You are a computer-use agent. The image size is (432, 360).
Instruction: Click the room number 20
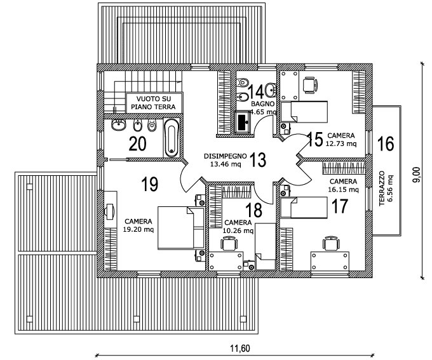pos(137,143)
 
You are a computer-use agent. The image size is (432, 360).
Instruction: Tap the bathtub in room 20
pos(172,138)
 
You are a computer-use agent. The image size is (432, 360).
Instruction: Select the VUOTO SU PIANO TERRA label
pos(154,103)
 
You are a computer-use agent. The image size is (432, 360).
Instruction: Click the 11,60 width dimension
pos(240,349)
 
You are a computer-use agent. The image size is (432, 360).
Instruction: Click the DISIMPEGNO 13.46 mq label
pos(226,160)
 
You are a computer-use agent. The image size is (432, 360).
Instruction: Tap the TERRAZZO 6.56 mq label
pos(386,189)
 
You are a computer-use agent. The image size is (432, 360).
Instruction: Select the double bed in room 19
pos(181,229)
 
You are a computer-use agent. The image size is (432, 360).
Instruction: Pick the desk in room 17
pos(330,261)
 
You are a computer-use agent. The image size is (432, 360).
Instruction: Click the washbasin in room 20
pos(119,125)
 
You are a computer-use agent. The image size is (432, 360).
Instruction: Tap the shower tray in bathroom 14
pos(243,123)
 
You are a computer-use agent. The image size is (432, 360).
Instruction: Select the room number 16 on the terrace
pos(386,143)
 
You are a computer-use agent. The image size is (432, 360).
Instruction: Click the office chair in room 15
pos(310,84)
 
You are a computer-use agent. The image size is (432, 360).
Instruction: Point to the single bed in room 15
pos(304,112)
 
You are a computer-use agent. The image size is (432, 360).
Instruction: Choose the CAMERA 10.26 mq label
pos(238,227)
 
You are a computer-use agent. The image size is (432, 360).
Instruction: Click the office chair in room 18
pos(229,244)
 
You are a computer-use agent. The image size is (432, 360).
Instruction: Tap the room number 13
pos(258,160)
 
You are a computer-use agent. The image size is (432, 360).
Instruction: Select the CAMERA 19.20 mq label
pos(138,225)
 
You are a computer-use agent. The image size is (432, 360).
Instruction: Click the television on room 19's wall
pos(110,211)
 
